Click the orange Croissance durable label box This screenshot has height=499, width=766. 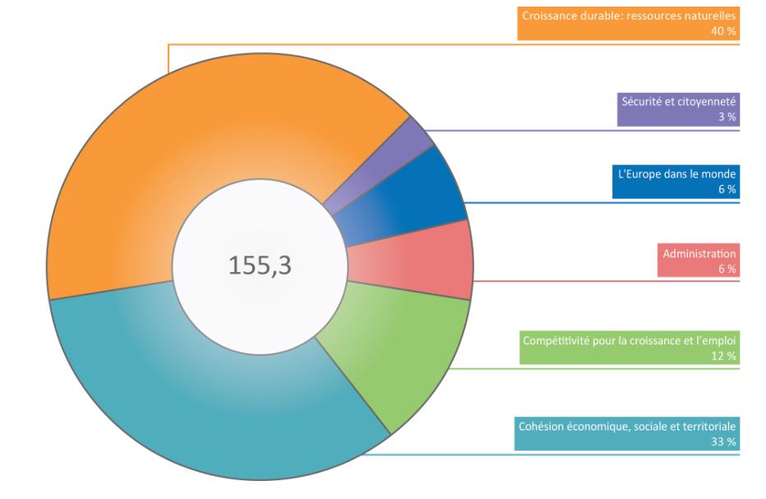pos(628,23)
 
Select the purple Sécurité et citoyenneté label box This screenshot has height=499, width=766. pos(678,109)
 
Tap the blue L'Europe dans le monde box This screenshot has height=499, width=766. pos(676,182)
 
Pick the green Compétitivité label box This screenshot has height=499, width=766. pos(629,348)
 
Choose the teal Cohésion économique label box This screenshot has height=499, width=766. pos(626,434)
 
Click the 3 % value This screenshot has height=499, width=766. pos(727,118)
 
